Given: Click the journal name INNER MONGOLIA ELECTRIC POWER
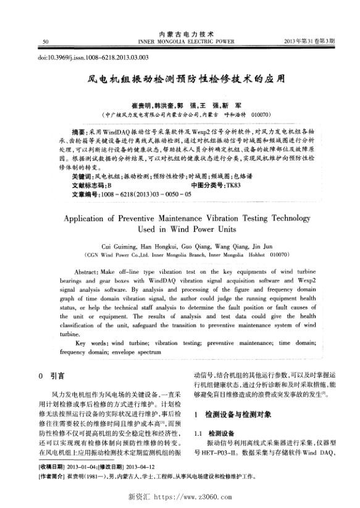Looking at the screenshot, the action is (186, 41).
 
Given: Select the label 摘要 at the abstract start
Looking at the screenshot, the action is (79, 132).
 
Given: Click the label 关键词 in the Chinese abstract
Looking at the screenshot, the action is (82, 176).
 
